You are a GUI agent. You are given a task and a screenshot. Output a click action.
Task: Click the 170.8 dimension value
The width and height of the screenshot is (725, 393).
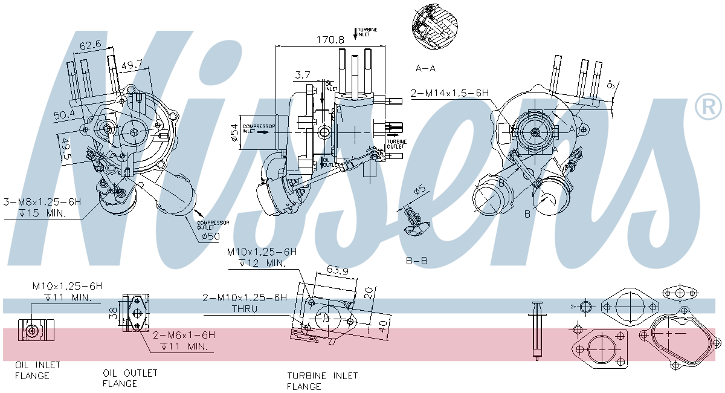click(330, 40)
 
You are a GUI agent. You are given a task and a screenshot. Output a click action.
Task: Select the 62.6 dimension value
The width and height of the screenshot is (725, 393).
click(90, 45)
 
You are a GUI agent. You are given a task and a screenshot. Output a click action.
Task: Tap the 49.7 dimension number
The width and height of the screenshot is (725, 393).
click(132, 64)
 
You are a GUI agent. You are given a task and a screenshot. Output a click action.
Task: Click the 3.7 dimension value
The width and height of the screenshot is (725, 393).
click(302, 75)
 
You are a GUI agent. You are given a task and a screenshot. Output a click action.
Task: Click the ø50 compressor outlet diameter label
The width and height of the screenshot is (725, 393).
click(210, 235)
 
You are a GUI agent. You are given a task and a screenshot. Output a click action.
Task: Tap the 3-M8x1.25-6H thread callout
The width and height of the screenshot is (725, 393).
click(42, 201)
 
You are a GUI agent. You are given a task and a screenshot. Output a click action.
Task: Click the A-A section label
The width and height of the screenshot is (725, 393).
click(426, 68)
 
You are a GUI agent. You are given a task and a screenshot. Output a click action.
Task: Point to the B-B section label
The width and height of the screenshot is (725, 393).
click(417, 261)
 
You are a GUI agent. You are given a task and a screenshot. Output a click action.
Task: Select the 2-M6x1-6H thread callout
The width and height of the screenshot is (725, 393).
click(183, 334)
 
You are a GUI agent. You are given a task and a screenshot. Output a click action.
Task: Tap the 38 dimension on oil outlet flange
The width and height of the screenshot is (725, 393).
click(112, 313)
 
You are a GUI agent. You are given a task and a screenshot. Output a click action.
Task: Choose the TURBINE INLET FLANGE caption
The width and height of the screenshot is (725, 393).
click(322, 381)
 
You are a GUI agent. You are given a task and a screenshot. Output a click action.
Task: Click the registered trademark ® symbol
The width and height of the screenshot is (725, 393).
click(708, 106)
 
